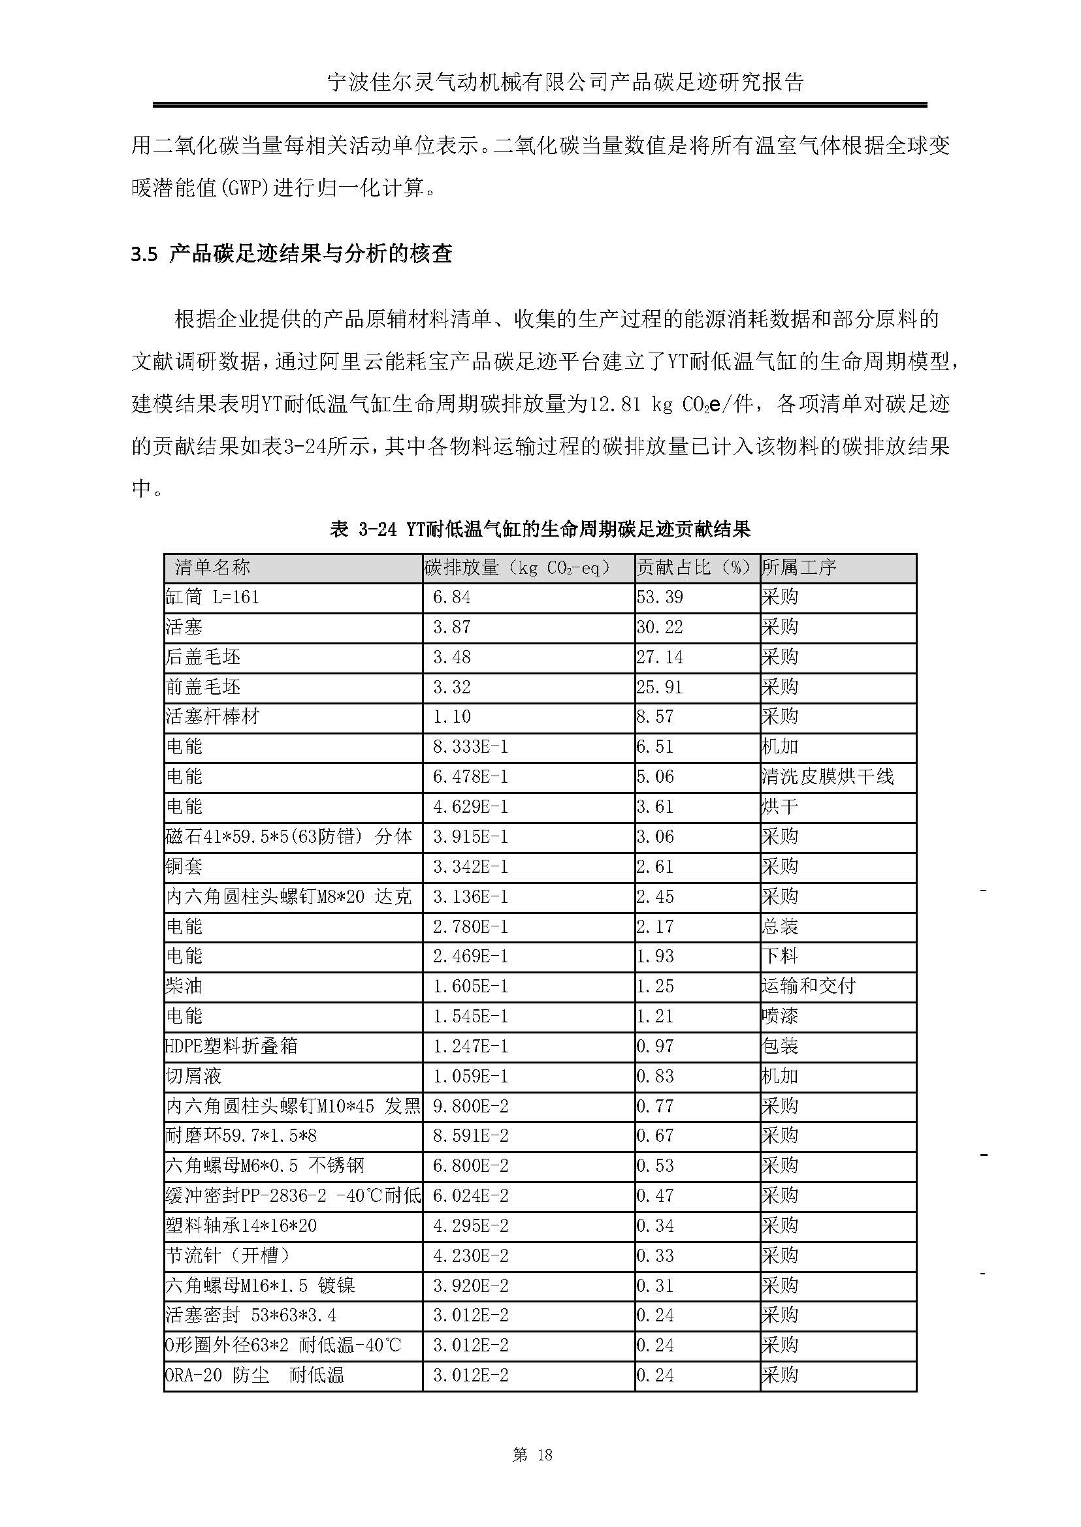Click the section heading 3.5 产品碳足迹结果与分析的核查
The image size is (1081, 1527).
coord(291,253)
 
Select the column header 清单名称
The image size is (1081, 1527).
coord(212,567)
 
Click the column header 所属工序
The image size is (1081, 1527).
coord(799,567)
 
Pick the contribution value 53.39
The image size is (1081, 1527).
coord(660,597)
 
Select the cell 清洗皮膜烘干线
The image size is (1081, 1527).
coord(828,776)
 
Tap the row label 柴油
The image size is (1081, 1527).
coord(184,986)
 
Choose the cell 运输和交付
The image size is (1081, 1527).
coord(808,986)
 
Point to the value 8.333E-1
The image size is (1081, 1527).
coord(470,747)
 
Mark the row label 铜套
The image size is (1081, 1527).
coord(184,866)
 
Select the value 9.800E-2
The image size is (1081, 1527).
coord(470,1106)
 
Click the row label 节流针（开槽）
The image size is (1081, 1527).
coord(228,1255)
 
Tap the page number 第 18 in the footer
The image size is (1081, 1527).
coord(532,1455)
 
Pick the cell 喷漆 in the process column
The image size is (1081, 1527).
coord(779,1016)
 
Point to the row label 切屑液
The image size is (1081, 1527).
coord(193,1076)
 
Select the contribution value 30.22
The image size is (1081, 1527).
coord(660,627)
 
